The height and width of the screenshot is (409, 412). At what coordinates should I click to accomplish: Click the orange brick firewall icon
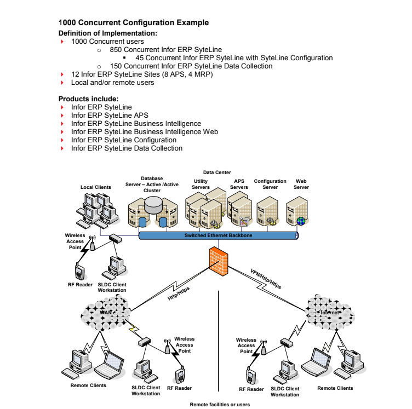pos(219,260)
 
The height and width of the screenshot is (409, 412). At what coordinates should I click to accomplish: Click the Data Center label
pos(217,172)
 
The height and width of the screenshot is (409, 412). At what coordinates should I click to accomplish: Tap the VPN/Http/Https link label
pos(266,279)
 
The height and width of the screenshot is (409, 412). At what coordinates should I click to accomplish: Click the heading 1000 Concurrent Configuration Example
pos(133,23)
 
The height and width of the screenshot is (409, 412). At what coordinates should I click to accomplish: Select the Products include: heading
pos(88,99)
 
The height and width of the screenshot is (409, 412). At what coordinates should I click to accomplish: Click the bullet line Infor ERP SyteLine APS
pos(110,116)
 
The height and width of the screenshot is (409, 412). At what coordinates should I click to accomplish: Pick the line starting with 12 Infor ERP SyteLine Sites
pos(142,74)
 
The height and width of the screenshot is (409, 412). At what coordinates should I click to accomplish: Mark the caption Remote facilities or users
pos(219,405)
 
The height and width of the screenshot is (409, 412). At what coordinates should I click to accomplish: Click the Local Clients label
pos(96,187)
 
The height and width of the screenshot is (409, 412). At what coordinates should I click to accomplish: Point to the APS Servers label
pos(239,184)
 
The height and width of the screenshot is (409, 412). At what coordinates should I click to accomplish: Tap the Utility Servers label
pos(201,184)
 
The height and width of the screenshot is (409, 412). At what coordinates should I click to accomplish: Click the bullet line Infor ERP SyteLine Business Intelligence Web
pos(145,132)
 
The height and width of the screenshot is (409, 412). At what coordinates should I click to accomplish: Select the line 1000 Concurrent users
pos(107,42)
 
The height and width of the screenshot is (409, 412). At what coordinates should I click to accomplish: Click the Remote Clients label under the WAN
pos(88,385)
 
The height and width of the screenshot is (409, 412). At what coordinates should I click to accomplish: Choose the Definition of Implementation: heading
pos(107,33)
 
